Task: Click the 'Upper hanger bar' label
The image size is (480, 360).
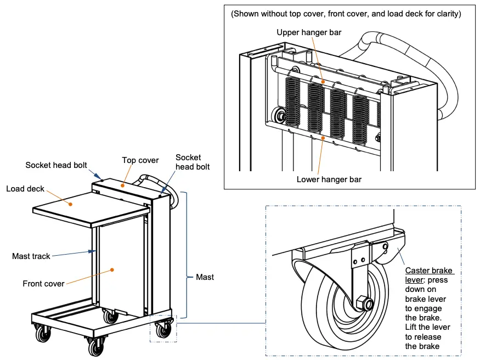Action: [x=309, y=32]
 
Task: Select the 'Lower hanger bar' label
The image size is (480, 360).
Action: [x=329, y=179]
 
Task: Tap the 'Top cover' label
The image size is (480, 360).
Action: [x=140, y=160]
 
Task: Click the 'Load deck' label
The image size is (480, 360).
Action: [x=25, y=189]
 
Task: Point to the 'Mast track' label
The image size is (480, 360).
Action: [x=31, y=256]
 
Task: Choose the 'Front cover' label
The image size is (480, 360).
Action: [x=43, y=284]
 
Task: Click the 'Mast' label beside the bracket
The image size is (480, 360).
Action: [x=205, y=277]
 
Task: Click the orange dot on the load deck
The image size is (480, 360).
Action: [x=71, y=204]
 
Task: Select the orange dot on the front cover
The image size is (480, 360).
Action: [x=112, y=269]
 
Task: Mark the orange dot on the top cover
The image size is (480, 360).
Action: [x=122, y=185]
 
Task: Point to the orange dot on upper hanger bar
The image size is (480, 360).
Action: [x=323, y=82]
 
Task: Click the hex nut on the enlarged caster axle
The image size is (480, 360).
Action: [x=363, y=303]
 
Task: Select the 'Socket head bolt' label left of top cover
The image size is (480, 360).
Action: [x=56, y=165]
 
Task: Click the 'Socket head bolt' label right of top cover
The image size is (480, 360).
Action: [x=188, y=162]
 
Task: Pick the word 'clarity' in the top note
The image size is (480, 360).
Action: [x=446, y=14]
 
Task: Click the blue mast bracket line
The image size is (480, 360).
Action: [x=187, y=255]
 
